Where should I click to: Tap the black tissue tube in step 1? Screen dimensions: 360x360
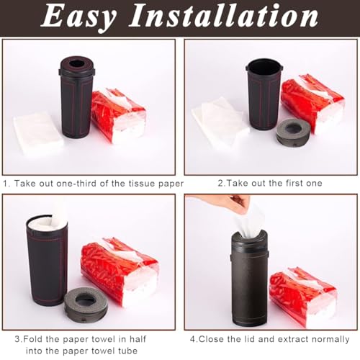coord(76,101)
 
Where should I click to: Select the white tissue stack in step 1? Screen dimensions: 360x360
coord(38,133)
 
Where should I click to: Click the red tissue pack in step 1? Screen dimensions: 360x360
coord(119,115)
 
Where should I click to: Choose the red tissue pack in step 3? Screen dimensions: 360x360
coord(119,266)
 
